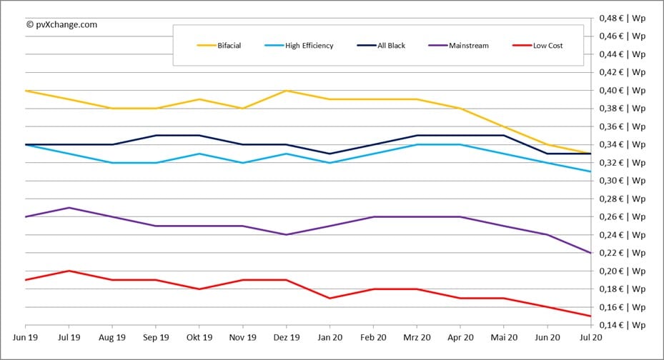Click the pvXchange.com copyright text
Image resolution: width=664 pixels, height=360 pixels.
61,24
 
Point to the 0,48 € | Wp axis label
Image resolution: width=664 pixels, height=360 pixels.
623,18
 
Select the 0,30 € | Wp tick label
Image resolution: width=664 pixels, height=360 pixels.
623,181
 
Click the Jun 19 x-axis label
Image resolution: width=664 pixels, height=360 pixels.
26,337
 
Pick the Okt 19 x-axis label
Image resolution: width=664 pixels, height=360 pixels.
199,337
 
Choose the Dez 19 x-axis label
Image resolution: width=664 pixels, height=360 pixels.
286,337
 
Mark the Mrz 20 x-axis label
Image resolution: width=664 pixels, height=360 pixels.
417,337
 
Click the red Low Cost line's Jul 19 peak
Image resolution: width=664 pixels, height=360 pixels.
69,271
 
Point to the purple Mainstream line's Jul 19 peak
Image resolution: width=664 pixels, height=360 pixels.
69,208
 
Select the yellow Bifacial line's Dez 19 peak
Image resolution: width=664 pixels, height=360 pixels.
286,91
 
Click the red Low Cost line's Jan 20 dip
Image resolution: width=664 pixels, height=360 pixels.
329,298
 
